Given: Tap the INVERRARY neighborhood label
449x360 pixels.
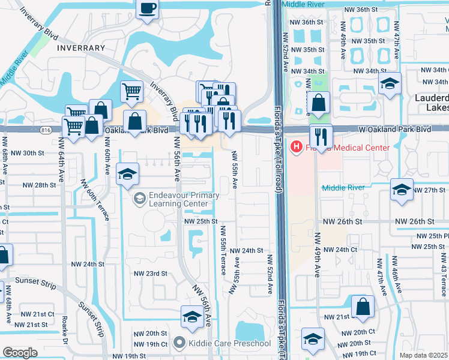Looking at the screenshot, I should pyautogui.click(x=81, y=47).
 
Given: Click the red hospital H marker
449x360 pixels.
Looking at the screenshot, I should pyautogui.click(x=296, y=147).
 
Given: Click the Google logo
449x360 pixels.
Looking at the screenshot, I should pyautogui.click(x=20, y=353).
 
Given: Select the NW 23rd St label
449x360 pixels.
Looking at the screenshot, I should pyautogui.click(x=149, y=274).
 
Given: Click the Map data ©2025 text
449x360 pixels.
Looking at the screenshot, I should pyautogui.click(x=424, y=355).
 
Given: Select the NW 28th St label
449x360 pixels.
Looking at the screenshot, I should pyautogui.click(x=37, y=185).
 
